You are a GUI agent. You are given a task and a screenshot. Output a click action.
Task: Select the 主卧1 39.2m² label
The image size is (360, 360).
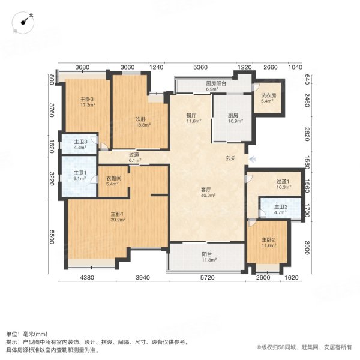click(116, 217)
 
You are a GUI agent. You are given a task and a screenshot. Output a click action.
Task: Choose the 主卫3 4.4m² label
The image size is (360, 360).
click(81, 145)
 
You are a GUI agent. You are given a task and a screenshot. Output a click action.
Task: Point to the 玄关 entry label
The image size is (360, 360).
click(230, 158)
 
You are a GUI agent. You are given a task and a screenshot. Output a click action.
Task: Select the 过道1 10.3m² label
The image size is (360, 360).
click(283, 185)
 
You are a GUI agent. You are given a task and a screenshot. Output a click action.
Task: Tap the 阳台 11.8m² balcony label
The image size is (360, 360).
click(208, 257)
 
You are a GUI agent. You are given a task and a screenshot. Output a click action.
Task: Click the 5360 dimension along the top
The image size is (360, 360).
click(200, 67)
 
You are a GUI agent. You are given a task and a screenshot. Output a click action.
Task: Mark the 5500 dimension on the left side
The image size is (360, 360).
click(52, 237)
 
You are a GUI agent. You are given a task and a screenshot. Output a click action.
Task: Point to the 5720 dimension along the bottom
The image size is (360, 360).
click(207, 277)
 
